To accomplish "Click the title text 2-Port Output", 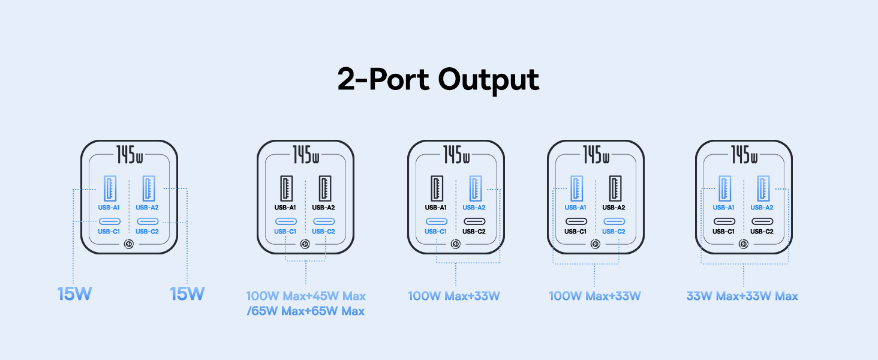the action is click(438, 80).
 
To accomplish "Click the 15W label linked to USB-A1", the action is click(74, 294).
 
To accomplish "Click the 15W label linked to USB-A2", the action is click(187, 294).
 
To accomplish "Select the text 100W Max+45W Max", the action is click(306, 296).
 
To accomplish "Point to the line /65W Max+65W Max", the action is click(306, 311).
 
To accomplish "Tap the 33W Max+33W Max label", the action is click(742, 296).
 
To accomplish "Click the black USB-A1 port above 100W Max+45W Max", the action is click(287, 188).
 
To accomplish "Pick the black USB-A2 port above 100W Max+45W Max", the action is click(325, 188).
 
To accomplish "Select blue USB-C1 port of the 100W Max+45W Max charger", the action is click(286, 221).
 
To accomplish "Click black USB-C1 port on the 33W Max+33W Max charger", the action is click(724, 221).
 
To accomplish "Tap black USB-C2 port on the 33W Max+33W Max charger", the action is click(762, 221).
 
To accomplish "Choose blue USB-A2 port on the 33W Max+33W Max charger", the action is click(763, 188).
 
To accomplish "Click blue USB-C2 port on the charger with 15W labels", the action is click(148, 221).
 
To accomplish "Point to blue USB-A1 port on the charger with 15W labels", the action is click(110, 188).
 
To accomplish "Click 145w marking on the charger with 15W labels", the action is click(130, 155).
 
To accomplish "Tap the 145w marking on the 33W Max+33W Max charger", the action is click(744, 155).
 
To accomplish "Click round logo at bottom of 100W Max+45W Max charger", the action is click(305, 244).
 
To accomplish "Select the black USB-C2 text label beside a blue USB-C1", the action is click(474, 232).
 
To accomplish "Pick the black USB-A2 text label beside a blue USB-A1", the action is click(614, 208).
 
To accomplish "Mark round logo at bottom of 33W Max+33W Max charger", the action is click(744, 244).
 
